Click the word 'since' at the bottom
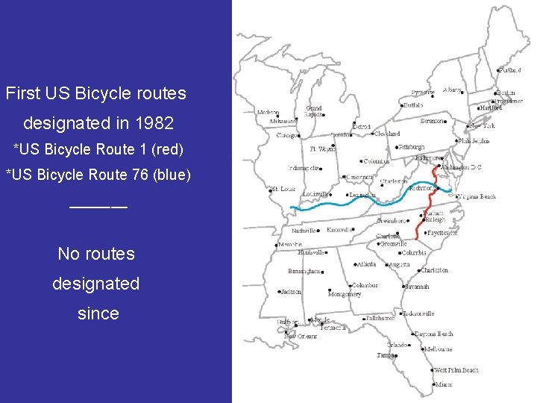[x=98, y=313]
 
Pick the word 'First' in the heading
[x=22, y=95]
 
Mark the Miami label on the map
[x=445, y=384]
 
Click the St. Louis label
[x=283, y=190]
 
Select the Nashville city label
[x=304, y=231]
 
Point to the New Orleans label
[x=301, y=337]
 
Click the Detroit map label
[x=361, y=127]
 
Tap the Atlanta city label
[x=366, y=264]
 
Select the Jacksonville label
[x=418, y=313]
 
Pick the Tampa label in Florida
[x=385, y=355]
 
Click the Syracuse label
[x=422, y=93]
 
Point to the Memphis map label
[x=291, y=244]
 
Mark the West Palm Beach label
[x=456, y=370]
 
